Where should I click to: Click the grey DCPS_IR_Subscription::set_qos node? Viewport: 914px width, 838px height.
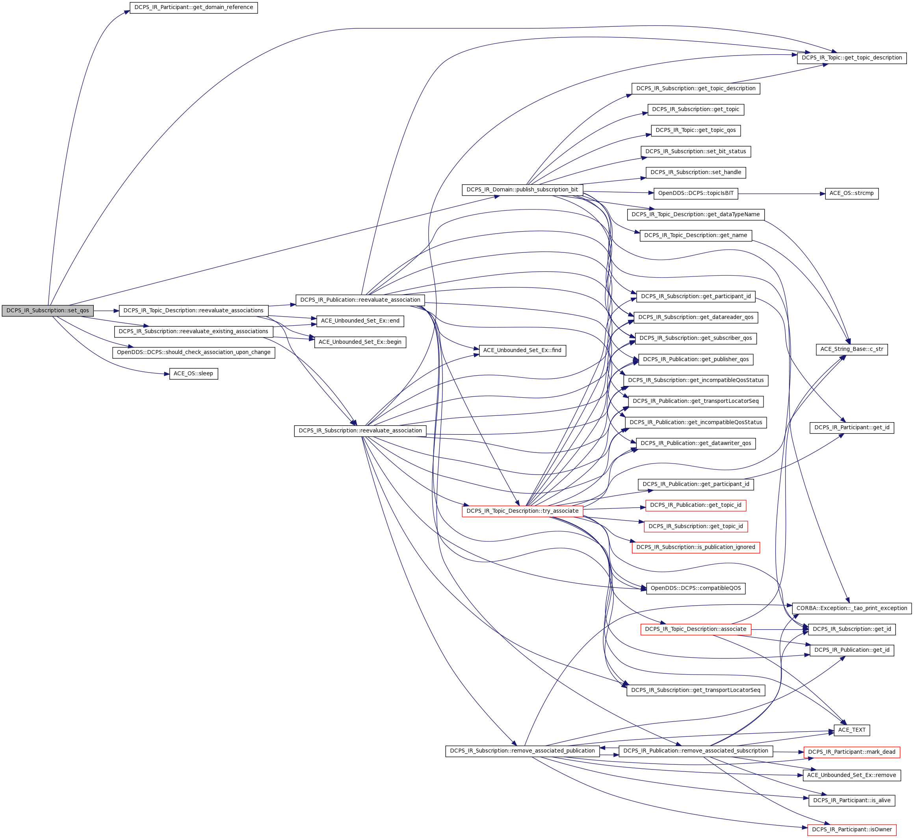(48, 311)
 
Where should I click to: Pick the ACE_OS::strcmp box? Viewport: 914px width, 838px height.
(851, 194)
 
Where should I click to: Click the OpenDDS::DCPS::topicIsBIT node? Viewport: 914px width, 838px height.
(695, 194)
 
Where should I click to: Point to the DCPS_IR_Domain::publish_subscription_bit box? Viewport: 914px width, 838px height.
(522, 190)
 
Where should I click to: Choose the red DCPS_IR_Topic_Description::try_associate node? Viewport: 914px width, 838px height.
(522, 511)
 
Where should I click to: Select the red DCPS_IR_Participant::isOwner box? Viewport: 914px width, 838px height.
(851, 830)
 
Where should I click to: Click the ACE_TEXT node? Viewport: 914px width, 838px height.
(851, 730)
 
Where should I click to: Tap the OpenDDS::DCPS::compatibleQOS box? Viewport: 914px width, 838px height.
(695, 588)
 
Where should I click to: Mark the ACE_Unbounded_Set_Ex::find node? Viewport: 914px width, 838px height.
(522, 350)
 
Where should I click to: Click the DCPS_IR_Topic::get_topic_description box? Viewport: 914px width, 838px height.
(851, 58)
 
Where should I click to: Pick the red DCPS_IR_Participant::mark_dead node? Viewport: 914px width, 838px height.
(851, 752)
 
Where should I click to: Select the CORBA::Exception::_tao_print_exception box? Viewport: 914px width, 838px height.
(851, 608)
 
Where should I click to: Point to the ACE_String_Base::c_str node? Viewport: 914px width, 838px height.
(851, 350)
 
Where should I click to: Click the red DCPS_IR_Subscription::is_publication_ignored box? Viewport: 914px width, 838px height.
(695, 547)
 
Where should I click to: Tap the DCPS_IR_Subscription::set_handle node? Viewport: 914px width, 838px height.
(695, 173)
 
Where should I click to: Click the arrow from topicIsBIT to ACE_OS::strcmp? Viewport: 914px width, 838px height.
(780, 194)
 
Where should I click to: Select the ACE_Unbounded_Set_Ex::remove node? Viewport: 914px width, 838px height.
(851, 775)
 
